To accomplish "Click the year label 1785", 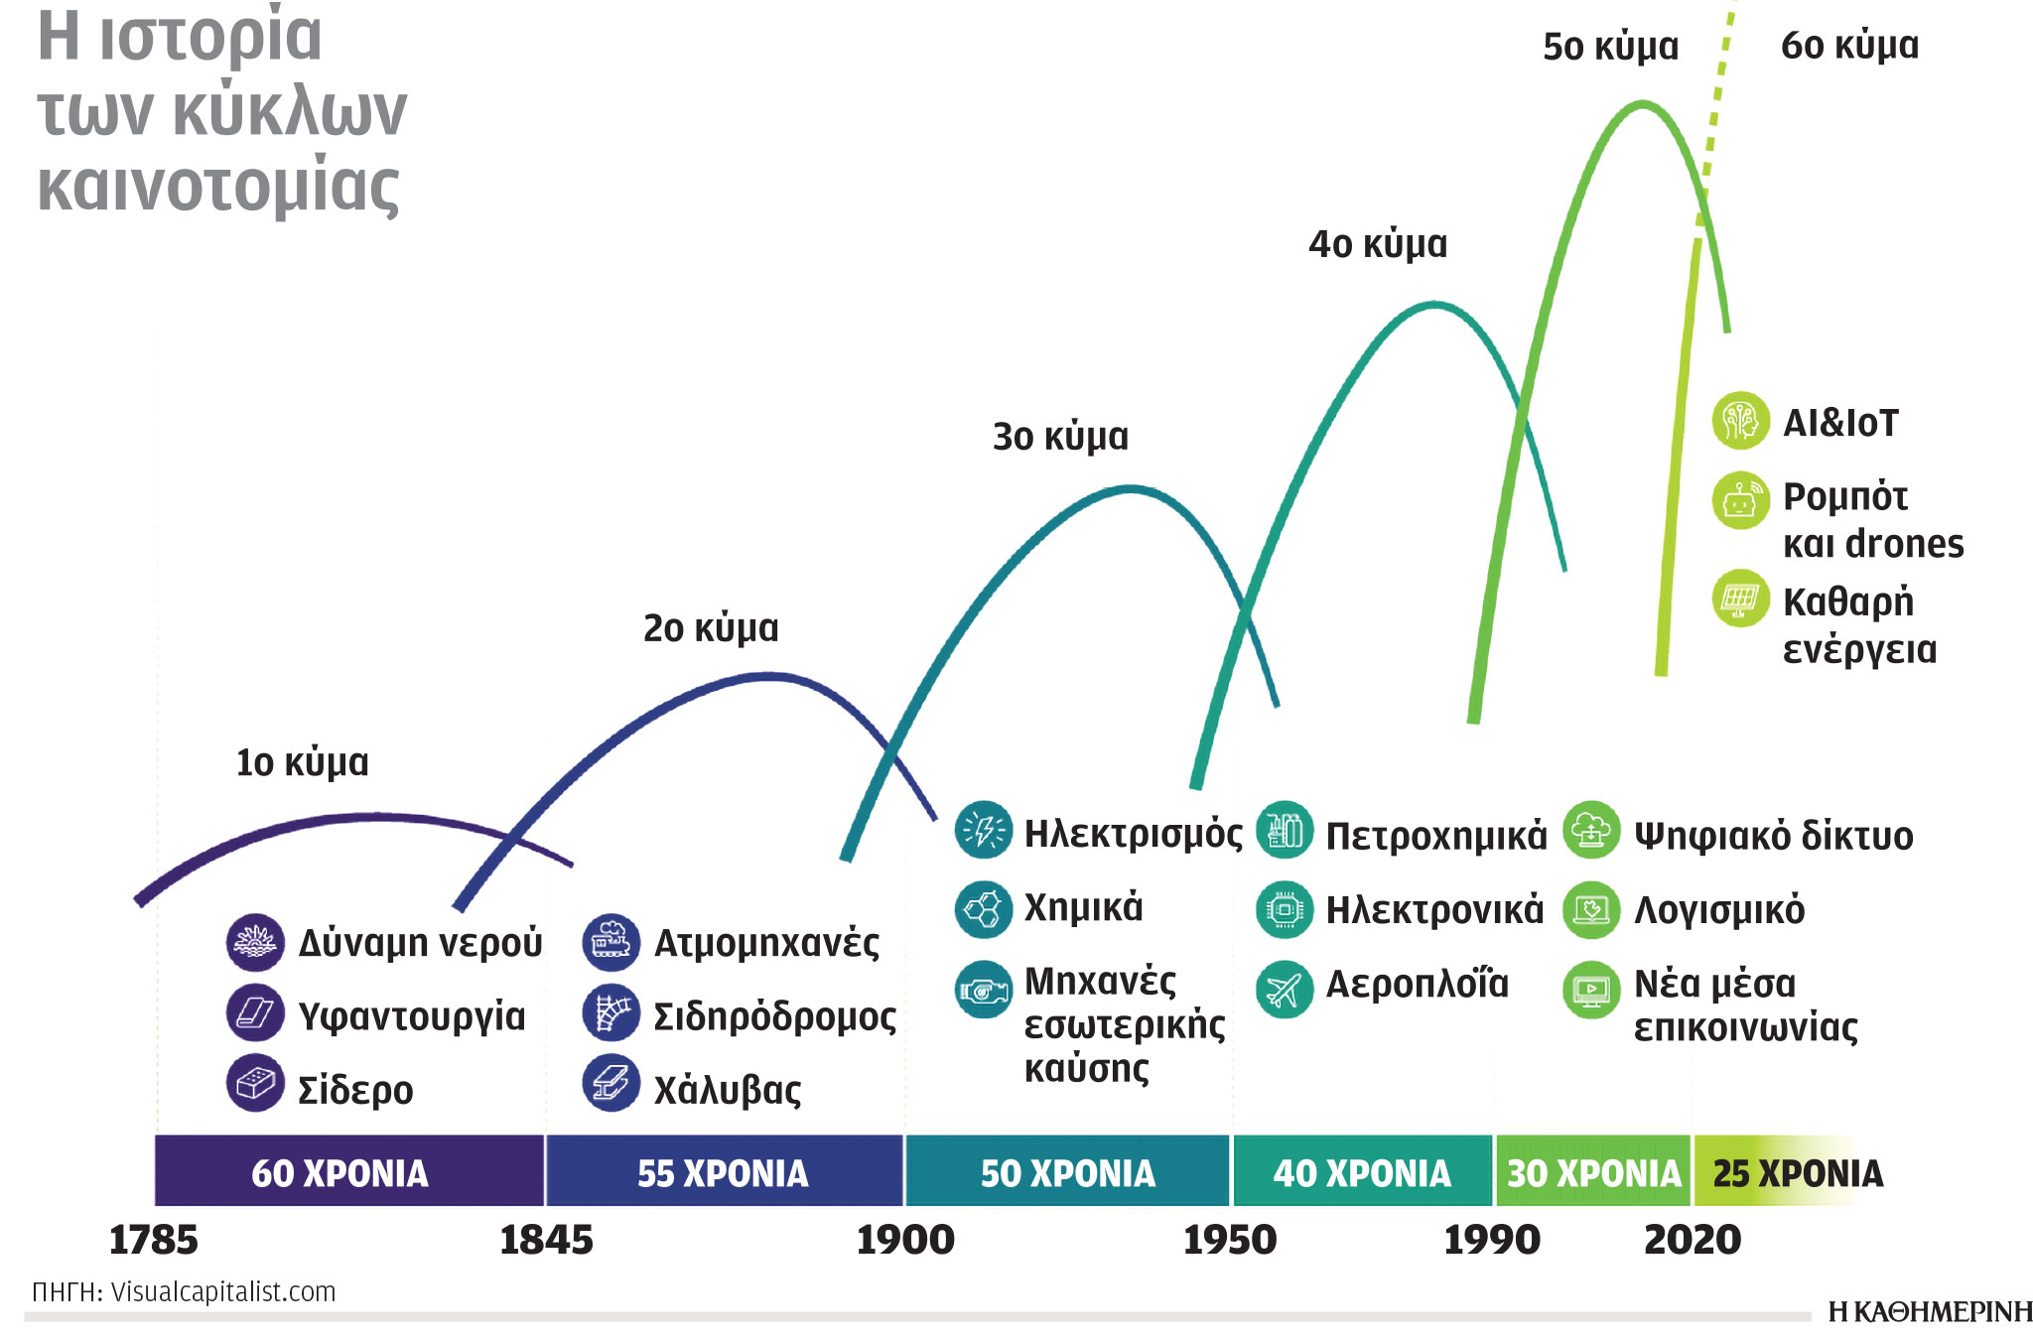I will pyautogui.click(x=153, y=1240).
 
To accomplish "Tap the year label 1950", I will pyautogui.click(x=1230, y=1240).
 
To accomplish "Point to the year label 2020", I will pyautogui.click(x=1693, y=1240).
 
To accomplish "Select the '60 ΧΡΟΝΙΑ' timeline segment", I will pyautogui.click(x=339, y=1173).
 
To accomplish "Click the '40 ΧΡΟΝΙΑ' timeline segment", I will pyautogui.click(x=1362, y=1173).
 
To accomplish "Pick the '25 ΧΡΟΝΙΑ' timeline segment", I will pyautogui.click(x=1798, y=1173).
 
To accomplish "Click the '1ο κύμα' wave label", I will pyautogui.click(x=302, y=762).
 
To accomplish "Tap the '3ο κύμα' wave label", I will pyautogui.click(x=1060, y=437).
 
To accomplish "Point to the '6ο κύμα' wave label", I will pyautogui.click(x=1849, y=46).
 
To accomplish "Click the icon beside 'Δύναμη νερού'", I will pyautogui.click(x=255, y=942).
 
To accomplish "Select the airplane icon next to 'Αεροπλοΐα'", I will pyautogui.click(x=1284, y=989).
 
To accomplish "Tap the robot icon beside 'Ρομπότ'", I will pyautogui.click(x=1740, y=500).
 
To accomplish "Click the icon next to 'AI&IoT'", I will pyautogui.click(x=1740, y=421).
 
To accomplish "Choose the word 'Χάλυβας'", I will pyautogui.click(x=727, y=1090).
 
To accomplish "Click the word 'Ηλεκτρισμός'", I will pyautogui.click(x=1133, y=833).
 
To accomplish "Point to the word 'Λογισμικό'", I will pyautogui.click(x=1719, y=909).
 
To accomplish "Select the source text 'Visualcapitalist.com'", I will pyautogui.click(x=223, y=1291).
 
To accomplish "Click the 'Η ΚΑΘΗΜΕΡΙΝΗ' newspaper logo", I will pyautogui.click(x=1929, y=1312).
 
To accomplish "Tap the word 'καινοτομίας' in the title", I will pyautogui.click(x=218, y=187).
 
